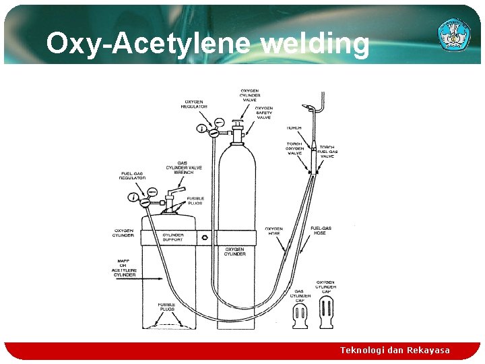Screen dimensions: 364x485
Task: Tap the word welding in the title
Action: click(315, 44)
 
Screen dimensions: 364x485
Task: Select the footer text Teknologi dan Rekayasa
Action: click(395, 350)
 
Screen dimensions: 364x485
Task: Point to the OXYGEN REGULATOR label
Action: click(194, 104)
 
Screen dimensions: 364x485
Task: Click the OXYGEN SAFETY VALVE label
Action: click(263, 113)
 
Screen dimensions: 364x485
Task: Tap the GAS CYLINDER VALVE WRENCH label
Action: click(179, 168)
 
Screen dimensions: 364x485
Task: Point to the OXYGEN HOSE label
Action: click(274, 231)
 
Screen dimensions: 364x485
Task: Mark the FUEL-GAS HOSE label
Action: click(319, 231)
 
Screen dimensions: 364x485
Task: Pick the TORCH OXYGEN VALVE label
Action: click(294, 148)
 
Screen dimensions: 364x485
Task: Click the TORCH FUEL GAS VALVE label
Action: click(327, 152)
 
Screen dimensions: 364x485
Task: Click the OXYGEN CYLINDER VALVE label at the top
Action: click(249, 95)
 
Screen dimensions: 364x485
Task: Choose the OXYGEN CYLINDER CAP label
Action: click(325, 287)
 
